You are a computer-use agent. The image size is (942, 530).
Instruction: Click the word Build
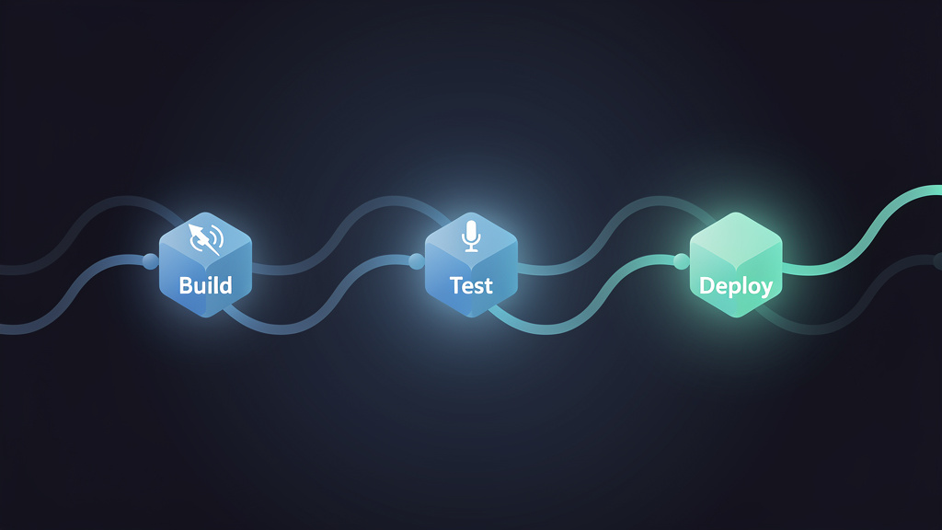(205, 285)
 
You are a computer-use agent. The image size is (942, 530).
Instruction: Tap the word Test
(471, 285)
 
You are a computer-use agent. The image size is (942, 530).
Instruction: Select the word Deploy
(736, 286)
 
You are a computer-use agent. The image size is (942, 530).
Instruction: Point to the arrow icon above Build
(205, 239)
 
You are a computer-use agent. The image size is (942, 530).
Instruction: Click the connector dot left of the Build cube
(150, 261)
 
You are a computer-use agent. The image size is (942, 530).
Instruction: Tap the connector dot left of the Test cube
(417, 261)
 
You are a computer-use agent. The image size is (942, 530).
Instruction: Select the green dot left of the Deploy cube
(682, 261)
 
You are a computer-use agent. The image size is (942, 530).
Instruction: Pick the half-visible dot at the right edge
(937, 261)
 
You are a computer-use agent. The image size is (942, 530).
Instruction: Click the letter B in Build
(186, 285)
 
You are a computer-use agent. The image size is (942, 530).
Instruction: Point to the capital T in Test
(457, 285)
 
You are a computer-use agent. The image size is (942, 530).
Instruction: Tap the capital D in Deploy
(707, 285)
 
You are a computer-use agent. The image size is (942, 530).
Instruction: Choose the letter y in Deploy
(766, 289)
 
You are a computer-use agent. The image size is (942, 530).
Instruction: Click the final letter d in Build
(225, 285)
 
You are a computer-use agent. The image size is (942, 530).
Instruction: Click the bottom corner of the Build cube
(205, 317)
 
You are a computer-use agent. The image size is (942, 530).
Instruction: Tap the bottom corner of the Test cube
(472, 317)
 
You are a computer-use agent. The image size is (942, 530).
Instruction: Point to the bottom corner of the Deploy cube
(737, 317)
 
